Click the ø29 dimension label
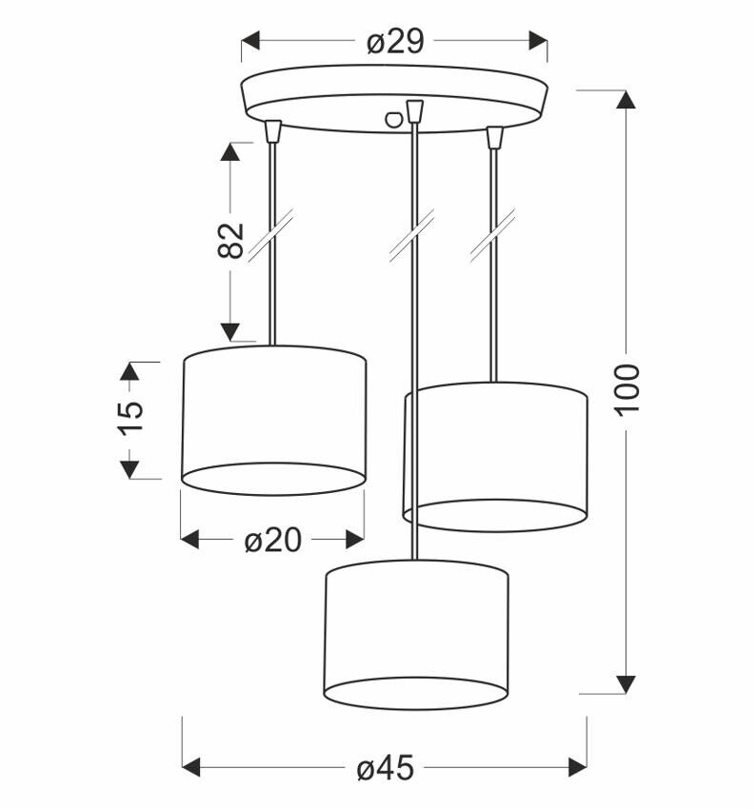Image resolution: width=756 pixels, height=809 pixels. tap(394, 42)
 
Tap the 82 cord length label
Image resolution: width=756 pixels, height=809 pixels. tap(230, 241)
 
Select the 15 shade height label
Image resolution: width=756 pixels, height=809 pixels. tap(130, 418)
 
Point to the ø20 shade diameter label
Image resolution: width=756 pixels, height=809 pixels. tap(272, 541)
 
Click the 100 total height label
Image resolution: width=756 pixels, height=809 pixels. tap(627, 387)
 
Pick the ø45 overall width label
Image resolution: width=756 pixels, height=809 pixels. tap(386, 767)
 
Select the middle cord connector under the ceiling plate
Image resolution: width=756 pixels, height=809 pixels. tap(412, 112)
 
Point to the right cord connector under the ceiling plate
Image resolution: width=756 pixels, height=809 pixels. tap(493, 137)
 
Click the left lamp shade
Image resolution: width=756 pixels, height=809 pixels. tap(273, 420)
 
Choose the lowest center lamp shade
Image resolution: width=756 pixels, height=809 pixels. tap(416, 634)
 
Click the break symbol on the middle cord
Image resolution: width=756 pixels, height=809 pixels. tap(412, 236)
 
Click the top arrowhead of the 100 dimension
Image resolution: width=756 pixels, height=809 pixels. tap(625, 101)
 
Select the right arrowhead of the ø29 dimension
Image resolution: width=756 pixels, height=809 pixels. tap(539, 41)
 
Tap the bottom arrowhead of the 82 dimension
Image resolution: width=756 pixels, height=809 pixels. tap(230, 331)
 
